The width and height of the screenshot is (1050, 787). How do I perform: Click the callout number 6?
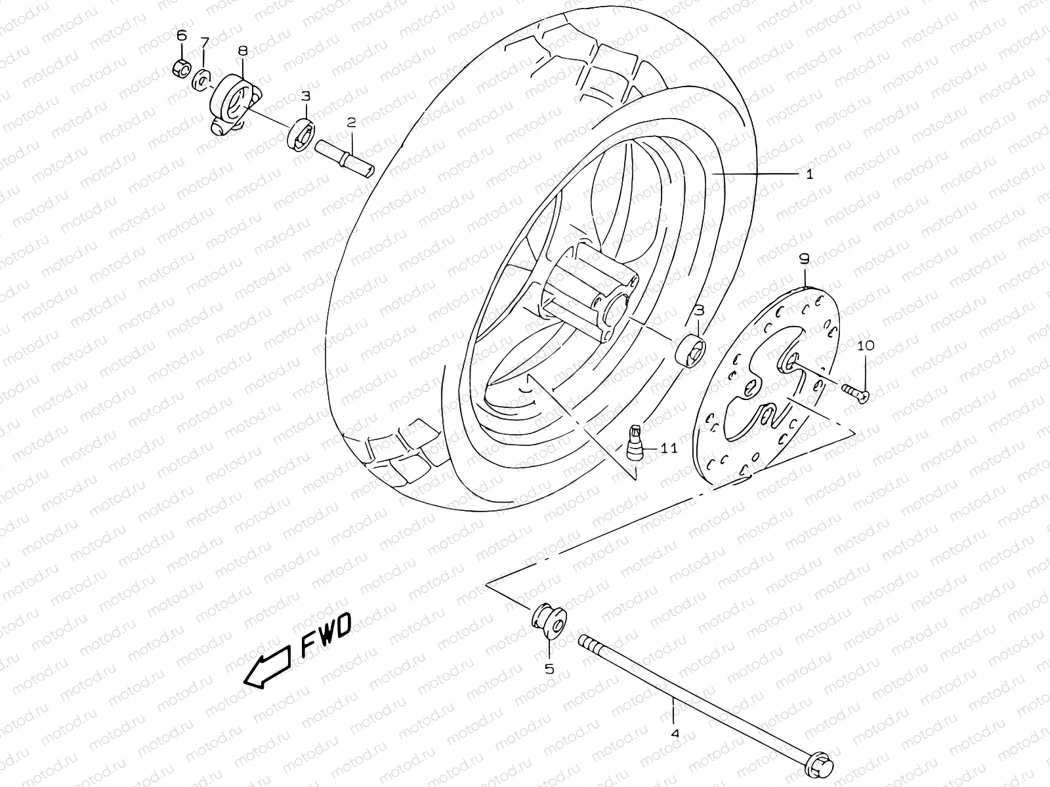tap(181, 35)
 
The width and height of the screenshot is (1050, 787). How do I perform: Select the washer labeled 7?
tap(201, 81)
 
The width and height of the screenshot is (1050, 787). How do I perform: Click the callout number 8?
tap(242, 50)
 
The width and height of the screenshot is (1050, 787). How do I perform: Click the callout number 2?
tap(352, 122)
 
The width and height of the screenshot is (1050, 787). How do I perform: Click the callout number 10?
tap(865, 345)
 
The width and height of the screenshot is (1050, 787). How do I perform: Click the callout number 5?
tap(549, 669)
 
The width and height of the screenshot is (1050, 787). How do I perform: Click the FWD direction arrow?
tap(267, 666)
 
